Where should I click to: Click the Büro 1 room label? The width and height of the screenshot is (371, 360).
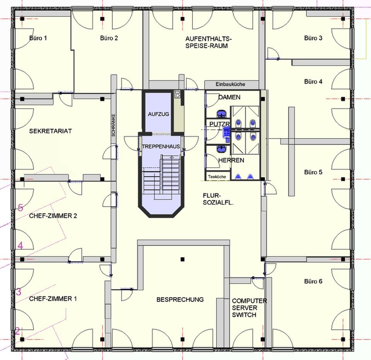[x=38, y=38]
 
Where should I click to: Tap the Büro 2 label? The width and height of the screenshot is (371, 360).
[x=109, y=38]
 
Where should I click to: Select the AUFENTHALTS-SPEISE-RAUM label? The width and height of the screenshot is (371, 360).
[x=208, y=42]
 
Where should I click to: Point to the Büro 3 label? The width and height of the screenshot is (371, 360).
[x=313, y=38]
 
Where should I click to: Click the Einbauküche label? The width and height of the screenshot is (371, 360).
[x=230, y=84]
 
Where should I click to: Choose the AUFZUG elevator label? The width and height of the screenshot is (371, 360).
[x=158, y=114]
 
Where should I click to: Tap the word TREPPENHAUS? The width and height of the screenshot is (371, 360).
[x=161, y=146]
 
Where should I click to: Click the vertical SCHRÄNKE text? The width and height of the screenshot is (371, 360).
[x=113, y=125]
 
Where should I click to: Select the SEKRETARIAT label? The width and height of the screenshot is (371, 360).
[x=50, y=131]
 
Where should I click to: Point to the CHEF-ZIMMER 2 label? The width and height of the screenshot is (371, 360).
[x=53, y=216]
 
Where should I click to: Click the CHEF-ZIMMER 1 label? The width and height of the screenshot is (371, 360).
[x=53, y=299]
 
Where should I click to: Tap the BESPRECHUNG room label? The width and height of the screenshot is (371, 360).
[x=180, y=299]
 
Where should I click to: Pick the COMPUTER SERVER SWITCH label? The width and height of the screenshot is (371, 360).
[x=249, y=308]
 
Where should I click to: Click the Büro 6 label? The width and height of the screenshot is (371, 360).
[x=313, y=281]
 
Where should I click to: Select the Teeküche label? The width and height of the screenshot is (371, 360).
[x=217, y=177]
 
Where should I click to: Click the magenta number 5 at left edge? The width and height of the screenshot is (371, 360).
[x=20, y=208]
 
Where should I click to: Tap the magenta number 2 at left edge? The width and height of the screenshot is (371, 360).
[x=17, y=331]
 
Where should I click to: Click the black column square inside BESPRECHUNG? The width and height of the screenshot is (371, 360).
[x=182, y=260]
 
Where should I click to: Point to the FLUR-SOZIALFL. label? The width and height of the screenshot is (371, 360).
[x=218, y=199]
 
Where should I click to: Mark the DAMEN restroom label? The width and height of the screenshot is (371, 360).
[x=229, y=97]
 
